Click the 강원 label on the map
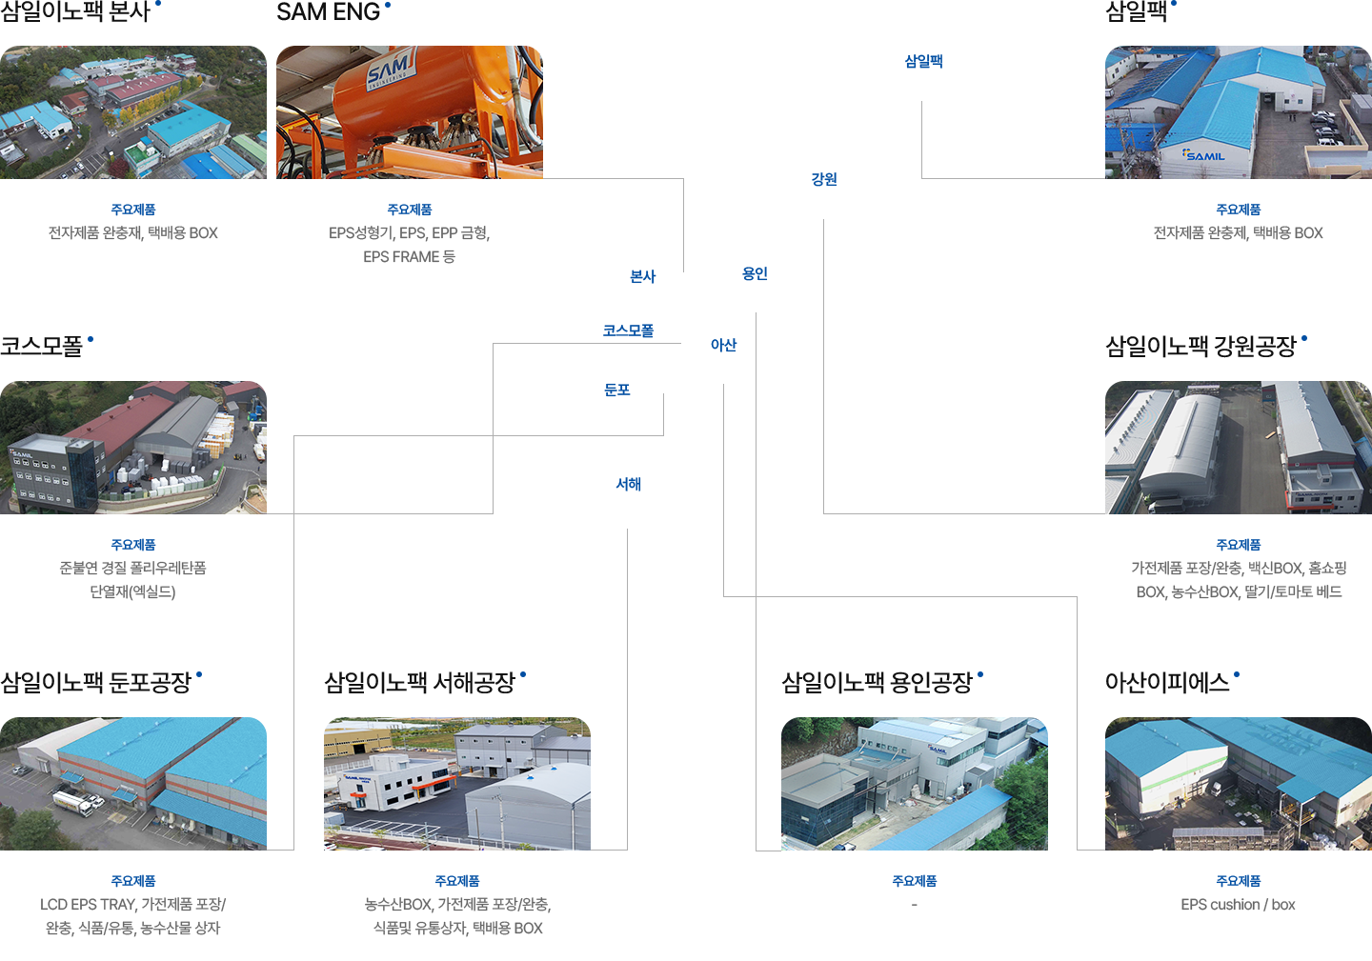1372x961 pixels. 824,179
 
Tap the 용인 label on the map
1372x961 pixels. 755,273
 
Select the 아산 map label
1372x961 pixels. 724,345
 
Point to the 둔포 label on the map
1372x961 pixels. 617,390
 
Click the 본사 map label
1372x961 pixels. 643,276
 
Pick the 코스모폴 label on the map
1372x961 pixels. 628,330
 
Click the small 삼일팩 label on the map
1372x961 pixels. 923,61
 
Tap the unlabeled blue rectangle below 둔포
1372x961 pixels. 628,484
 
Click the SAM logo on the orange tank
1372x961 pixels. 390,70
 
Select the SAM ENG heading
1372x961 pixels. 328,11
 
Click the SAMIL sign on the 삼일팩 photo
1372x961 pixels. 1204,155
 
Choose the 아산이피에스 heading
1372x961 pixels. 1167,683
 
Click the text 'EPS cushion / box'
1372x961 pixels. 1238,905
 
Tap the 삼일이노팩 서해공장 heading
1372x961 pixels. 419,683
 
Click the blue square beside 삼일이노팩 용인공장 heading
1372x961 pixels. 979,674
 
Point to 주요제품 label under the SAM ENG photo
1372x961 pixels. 410,210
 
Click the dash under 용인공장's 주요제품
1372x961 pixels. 914,905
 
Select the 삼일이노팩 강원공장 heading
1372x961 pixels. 1200,347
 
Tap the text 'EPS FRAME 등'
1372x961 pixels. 410,257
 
